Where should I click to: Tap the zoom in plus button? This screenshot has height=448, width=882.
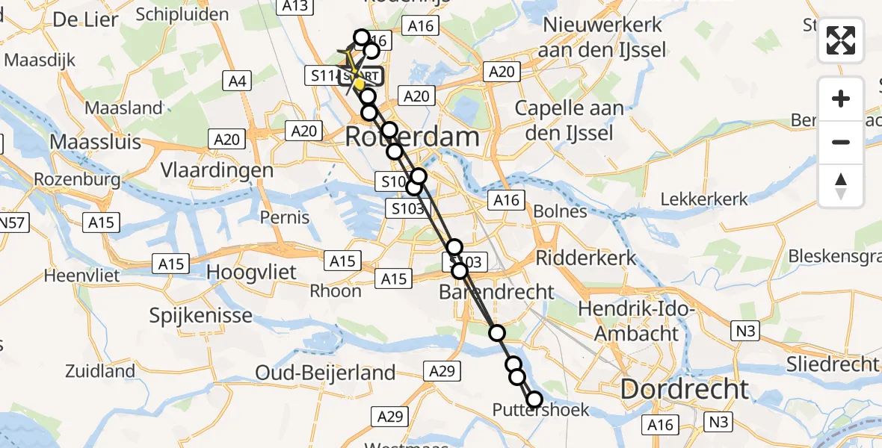(841, 99)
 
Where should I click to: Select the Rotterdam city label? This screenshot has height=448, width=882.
(412, 137)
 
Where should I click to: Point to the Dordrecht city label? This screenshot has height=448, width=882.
(684, 389)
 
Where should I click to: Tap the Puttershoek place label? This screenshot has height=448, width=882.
(540, 410)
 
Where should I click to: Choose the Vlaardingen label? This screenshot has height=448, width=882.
(218, 170)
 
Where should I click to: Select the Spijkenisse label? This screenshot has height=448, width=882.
(201, 315)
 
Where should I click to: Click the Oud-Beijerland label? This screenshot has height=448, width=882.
(325, 372)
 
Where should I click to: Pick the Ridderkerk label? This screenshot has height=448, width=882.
(586, 258)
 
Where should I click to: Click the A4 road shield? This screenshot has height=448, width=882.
(238, 80)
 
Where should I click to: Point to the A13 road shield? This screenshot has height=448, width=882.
(296, 6)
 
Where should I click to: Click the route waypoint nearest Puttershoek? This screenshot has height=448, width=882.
(534, 399)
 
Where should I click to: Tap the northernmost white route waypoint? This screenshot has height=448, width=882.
(361, 37)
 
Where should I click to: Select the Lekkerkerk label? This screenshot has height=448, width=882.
(704, 199)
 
